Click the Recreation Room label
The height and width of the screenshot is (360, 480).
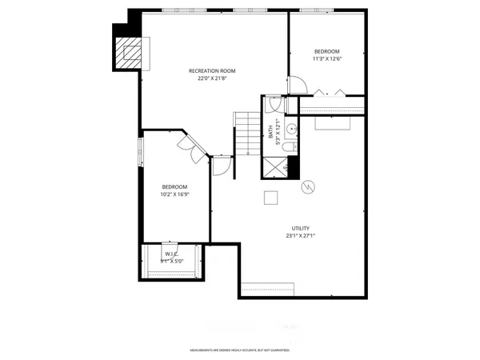[212, 70]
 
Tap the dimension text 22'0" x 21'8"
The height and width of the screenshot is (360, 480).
[212, 78]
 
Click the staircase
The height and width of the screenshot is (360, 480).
[249, 132]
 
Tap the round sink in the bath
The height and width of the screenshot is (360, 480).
[292, 127]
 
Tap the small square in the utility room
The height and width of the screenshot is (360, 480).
[272, 199]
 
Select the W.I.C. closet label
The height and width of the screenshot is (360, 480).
[172, 253]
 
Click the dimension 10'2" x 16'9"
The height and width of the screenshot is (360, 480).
[174, 194]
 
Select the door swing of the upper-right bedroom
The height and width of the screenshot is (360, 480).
[296, 84]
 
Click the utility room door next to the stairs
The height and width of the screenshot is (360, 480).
[222, 165]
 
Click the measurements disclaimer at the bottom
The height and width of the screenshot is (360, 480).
[239, 350]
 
